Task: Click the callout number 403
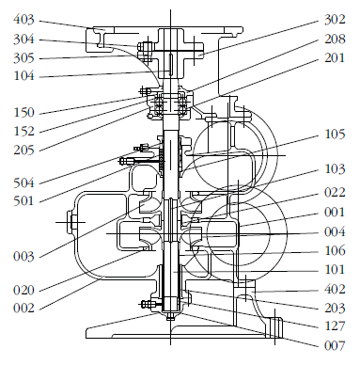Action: pyautogui.click(x=23, y=20)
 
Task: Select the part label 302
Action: pyautogui.click(x=335, y=20)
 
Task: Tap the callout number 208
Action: pyautogui.click(x=335, y=40)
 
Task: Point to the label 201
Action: pyautogui.click(x=335, y=58)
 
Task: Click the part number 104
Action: pyautogui.click(x=23, y=76)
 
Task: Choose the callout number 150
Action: pyautogui.click(x=23, y=113)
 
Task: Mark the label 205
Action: pyautogui.click(x=23, y=151)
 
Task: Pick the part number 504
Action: pyautogui.click(x=23, y=182)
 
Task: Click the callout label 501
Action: pyautogui.click(x=23, y=201)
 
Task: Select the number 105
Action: pyautogui.click(x=335, y=135)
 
